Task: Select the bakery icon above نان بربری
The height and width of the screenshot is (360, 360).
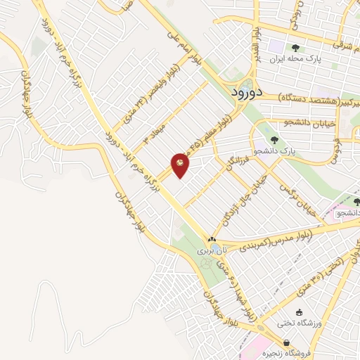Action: [212, 239]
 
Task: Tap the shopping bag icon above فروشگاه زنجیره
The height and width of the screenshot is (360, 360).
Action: [286, 343]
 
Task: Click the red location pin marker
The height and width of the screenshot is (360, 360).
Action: [181, 163]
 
